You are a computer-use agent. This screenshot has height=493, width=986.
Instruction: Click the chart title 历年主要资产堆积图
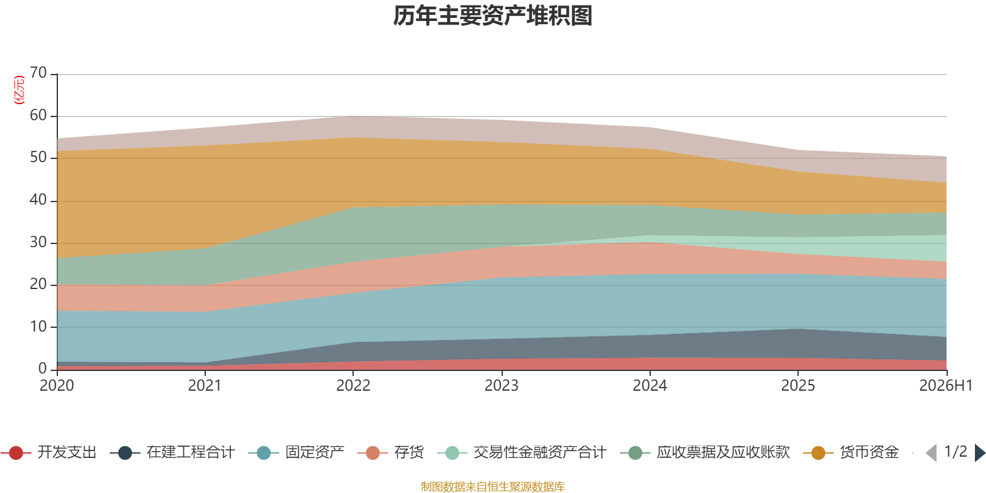coord(492,16)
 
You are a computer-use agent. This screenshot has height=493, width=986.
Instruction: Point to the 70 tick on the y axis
coord(38,73)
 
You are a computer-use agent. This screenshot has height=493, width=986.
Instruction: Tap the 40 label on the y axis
coord(38,200)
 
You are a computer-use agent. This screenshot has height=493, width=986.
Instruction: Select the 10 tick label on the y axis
coord(38,327)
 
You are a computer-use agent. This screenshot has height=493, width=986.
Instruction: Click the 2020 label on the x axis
coord(57,386)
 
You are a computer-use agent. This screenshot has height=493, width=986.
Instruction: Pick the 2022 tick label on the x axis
coord(353,386)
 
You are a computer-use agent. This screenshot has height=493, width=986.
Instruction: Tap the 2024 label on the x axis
coord(650,386)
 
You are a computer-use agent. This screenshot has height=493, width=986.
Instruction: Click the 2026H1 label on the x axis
coord(945,386)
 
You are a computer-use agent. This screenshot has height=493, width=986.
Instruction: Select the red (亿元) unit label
coord(19,90)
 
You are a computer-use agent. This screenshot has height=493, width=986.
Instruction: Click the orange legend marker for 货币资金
coord(818,453)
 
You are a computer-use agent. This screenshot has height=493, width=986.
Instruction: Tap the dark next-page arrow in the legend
coord(980,453)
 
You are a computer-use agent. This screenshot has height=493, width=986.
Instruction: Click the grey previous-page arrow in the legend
coord(931,453)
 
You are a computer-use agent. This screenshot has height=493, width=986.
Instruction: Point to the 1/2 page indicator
coord(956,452)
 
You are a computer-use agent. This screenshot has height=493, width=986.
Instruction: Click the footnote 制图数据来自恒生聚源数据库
coord(492,486)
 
